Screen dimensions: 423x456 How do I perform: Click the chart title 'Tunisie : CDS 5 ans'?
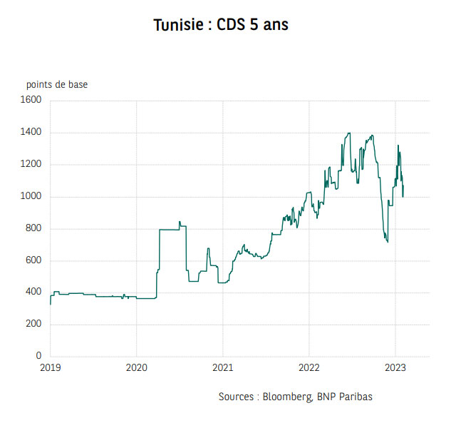[x=221, y=26]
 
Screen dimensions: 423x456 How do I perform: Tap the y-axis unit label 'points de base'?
[x=57, y=85]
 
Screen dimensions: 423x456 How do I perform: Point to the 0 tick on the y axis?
[x=40, y=356]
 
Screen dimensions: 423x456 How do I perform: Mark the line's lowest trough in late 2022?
[x=387, y=242]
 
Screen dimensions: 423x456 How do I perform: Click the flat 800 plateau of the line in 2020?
[x=169, y=230]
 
